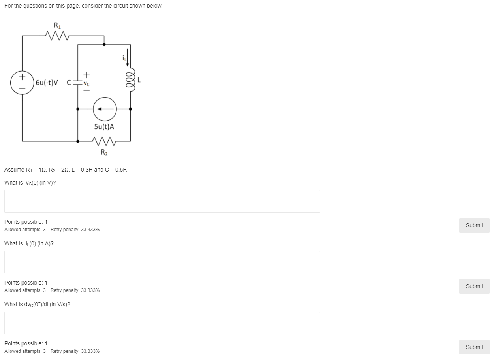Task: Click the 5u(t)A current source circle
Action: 105,109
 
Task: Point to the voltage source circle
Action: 22,82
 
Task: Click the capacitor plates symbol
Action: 78,83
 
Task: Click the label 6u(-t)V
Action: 47,83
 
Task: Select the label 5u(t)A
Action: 104,127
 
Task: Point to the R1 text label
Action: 57,26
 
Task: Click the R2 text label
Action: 104,152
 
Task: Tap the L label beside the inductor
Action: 139,80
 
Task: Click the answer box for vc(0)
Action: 162,201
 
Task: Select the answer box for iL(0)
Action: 162,262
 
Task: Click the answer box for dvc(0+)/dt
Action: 162,323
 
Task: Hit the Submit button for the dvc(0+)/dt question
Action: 474,347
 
